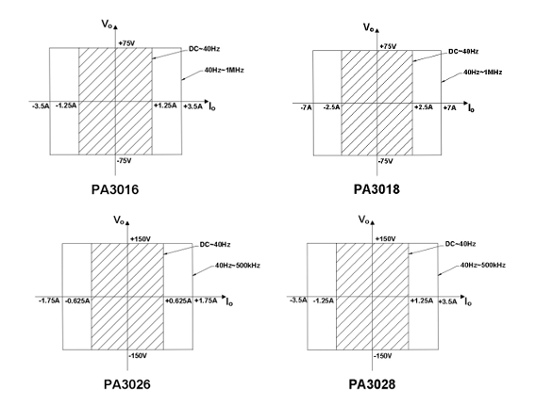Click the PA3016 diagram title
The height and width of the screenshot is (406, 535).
(x=115, y=189)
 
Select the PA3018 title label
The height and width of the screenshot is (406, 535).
(x=376, y=189)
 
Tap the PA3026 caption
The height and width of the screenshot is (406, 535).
(x=127, y=384)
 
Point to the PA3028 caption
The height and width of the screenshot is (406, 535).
(x=372, y=384)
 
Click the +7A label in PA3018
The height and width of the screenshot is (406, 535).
(x=449, y=108)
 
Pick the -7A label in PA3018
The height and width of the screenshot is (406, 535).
(x=306, y=108)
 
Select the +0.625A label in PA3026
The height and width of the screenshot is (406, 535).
(x=178, y=300)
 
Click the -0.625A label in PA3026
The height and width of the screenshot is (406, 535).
(x=77, y=300)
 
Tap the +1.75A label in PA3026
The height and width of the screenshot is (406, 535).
(x=206, y=300)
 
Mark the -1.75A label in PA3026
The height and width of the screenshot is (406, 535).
(x=49, y=300)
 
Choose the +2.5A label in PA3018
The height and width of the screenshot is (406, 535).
(x=424, y=107)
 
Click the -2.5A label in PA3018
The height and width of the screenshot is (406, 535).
(x=331, y=107)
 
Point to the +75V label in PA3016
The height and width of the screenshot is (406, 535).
(x=126, y=43)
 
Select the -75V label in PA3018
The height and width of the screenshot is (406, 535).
(x=385, y=161)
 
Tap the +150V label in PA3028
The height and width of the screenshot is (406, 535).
(x=386, y=238)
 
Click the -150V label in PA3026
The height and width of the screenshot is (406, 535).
(x=138, y=356)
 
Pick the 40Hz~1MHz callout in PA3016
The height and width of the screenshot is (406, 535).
(x=225, y=70)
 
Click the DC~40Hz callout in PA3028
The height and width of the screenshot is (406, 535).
(x=460, y=244)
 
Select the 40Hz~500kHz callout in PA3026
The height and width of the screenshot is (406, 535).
(x=238, y=265)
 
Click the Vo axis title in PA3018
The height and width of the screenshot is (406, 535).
(x=369, y=27)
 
